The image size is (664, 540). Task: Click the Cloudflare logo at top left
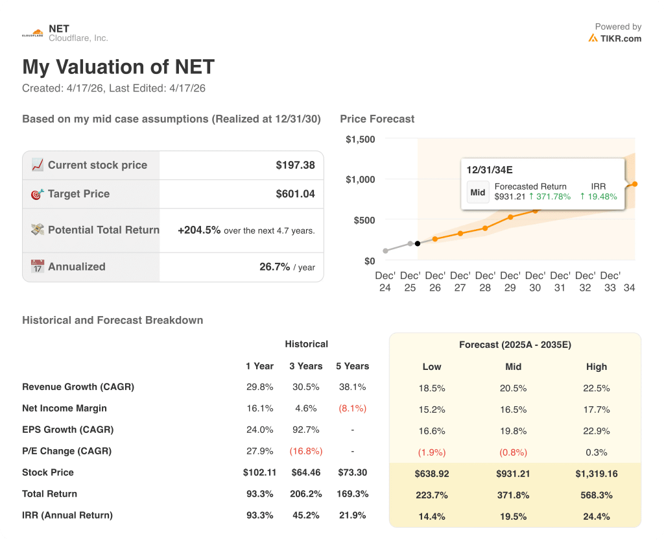tap(32, 33)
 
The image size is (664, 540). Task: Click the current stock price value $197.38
tap(295, 165)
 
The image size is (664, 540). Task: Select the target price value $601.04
tap(295, 193)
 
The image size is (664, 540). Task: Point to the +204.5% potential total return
tap(199, 230)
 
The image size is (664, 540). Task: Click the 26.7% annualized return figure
tap(274, 266)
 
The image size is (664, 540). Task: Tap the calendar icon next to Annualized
tap(38, 266)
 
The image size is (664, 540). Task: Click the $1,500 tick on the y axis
tap(360, 139)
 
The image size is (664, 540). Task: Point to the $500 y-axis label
tap(363, 220)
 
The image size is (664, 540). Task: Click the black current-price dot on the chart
tap(417, 243)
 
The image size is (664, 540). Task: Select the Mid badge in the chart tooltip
tap(478, 192)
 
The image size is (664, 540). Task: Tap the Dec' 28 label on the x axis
tap(485, 281)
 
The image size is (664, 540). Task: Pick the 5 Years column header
tap(352, 366)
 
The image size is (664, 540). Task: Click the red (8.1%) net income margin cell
tap(352, 408)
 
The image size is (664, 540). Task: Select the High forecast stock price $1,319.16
tap(596, 473)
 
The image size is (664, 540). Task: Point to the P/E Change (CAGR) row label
tap(67, 451)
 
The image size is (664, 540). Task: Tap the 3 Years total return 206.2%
tap(305, 494)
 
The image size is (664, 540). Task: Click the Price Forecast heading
tap(377, 119)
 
